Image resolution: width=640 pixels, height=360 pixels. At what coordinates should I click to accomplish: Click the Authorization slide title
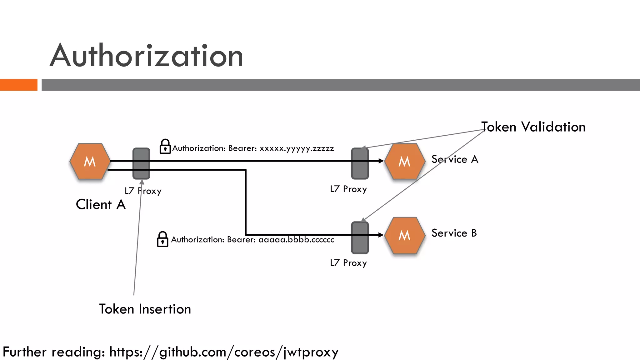pyautogui.click(x=146, y=56)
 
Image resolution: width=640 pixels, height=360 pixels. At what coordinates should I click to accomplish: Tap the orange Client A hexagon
pyautogui.click(x=90, y=161)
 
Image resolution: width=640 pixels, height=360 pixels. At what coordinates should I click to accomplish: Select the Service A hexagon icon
pyautogui.click(x=404, y=161)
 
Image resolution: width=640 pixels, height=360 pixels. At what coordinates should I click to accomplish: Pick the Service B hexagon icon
pyautogui.click(x=404, y=235)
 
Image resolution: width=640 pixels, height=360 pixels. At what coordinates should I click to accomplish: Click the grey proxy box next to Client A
pyautogui.click(x=141, y=163)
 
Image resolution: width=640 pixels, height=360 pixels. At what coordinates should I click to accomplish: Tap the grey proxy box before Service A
pyautogui.click(x=360, y=163)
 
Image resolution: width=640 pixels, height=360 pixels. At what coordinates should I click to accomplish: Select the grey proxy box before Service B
pyautogui.click(x=360, y=237)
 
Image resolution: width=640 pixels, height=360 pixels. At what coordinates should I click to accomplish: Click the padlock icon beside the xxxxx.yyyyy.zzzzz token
pyautogui.click(x=165, y=147)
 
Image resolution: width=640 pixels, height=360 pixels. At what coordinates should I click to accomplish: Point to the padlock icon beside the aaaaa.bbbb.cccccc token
pyautogui.click(x=162, y=239)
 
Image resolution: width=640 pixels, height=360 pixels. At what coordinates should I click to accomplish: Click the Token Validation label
pyautogui.click(x=533, y=127)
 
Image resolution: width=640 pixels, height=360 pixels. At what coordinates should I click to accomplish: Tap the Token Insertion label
pyautogui.click(x=145, y=309)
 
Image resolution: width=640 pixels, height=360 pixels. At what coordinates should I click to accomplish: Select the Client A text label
pyautogui.click(x=101, y=205)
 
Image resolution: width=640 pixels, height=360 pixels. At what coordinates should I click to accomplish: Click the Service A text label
pyautogui.click(x=455, y=159)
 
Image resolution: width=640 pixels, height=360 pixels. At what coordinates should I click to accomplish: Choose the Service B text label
pyautogui.click(x=454, y=233)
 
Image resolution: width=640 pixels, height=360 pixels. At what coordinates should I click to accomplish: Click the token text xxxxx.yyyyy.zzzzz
pyautogui.click(x=297, y=148)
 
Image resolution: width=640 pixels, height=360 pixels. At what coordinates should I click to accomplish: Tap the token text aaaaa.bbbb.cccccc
pyautogui.click(x=296, y=240)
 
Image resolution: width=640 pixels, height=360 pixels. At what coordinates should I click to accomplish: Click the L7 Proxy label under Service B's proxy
pyautogui.click(x=348, y=263)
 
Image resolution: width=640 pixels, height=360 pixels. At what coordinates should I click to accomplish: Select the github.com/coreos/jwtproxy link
pyautogui.click(x=224, y=352)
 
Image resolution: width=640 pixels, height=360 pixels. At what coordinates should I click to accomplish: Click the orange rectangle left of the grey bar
pyautogui.click(x=18, y=85)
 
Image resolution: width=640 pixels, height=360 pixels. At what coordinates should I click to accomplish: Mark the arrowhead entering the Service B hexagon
pyautogui.click(x=381, y=235)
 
